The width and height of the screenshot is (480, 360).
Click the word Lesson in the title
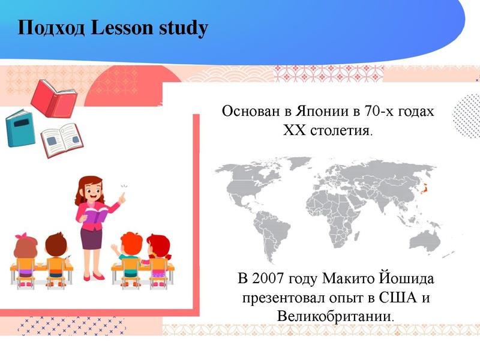click(123, 28)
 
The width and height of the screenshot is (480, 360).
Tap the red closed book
click(54, 98)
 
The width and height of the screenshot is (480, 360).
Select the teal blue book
click(21, 128)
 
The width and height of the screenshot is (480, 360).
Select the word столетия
click(341, 130)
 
